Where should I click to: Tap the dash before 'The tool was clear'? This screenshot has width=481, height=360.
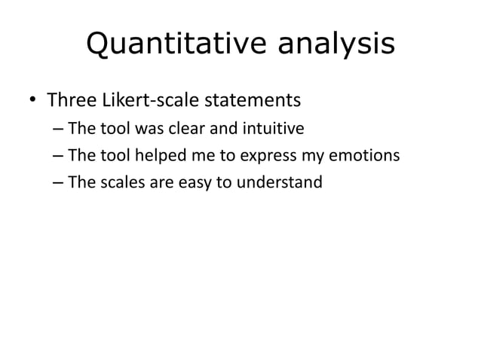(x=59, y=129)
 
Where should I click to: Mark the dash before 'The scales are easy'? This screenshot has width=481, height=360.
(x=59, y=182)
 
